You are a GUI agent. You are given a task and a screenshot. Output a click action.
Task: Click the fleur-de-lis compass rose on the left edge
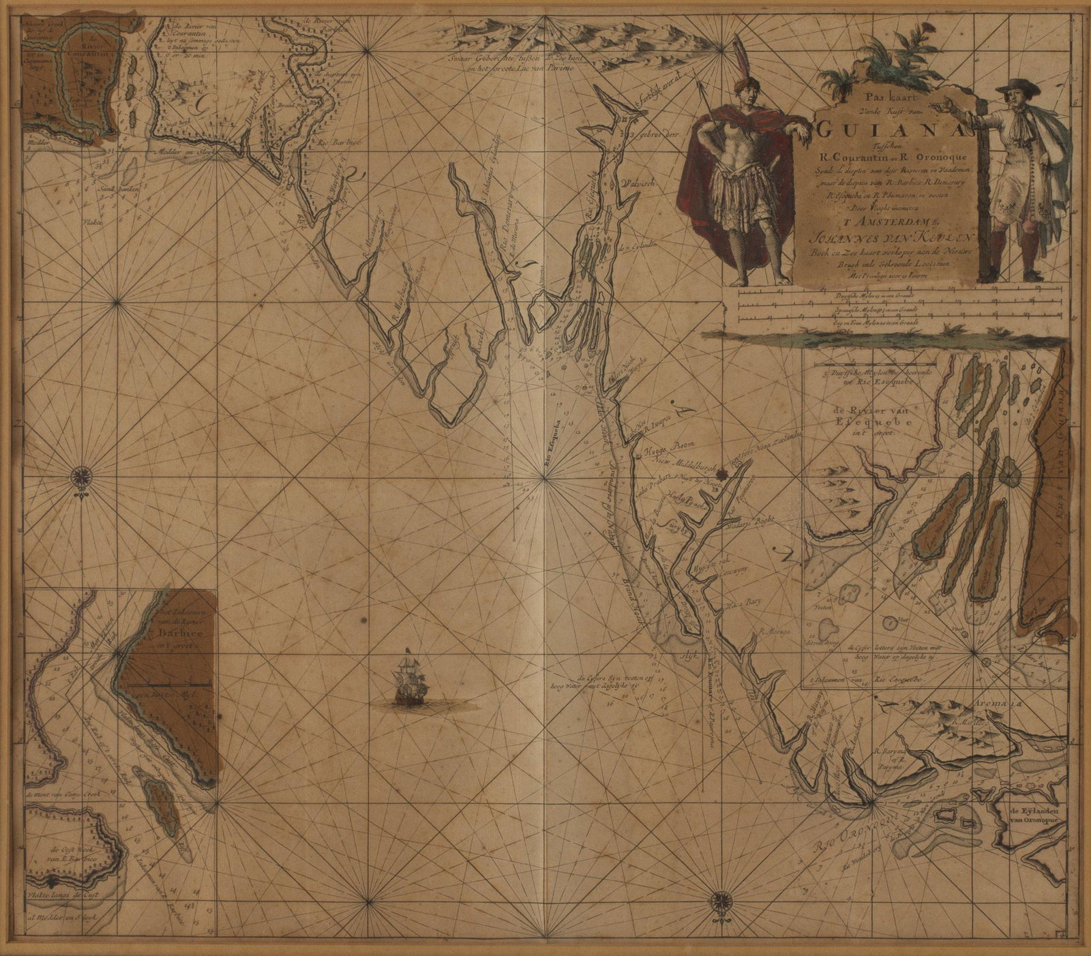[83, 475]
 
